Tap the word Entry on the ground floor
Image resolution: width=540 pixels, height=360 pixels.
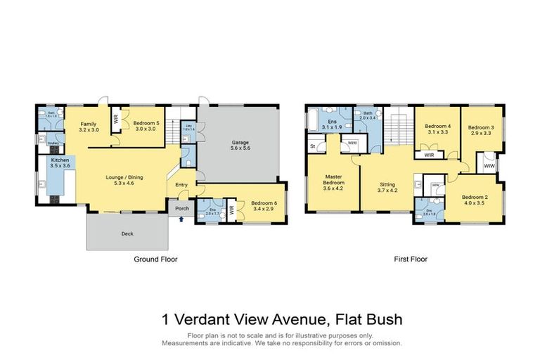[x=181, y=185]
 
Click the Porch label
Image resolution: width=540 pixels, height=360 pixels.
[x=181, y=208]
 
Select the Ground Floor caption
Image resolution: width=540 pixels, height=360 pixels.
[x=155, y=259]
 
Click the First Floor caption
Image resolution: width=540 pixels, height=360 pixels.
[x=410, y=259]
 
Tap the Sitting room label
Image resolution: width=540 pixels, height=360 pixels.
[x=387, y=186]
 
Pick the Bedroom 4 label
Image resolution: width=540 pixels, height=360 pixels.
[x=438, y=127]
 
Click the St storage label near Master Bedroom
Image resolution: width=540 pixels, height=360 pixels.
[x=312, y=146]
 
